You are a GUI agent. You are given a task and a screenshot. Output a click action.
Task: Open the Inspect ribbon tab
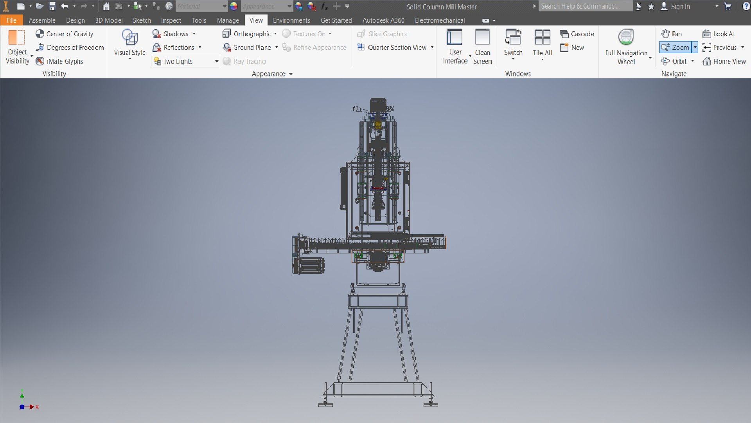tap(171, 20)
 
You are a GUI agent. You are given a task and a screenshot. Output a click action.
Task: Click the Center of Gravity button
tap(65, 34)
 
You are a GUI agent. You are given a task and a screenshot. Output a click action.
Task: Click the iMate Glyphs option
tap(59, 61)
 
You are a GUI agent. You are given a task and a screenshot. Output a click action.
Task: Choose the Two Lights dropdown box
tap(185, 61)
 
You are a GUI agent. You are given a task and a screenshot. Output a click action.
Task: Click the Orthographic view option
tap(249, 34)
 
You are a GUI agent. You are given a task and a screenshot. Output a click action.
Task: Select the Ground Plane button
tap(248, 47)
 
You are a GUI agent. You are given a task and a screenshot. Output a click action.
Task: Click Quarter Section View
tap(392, 47)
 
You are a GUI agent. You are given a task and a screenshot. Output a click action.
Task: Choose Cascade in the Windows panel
tap(577, 34)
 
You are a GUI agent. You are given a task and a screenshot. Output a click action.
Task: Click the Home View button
tap(724, 61)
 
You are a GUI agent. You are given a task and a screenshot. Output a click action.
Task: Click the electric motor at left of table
tap(309, 266)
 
